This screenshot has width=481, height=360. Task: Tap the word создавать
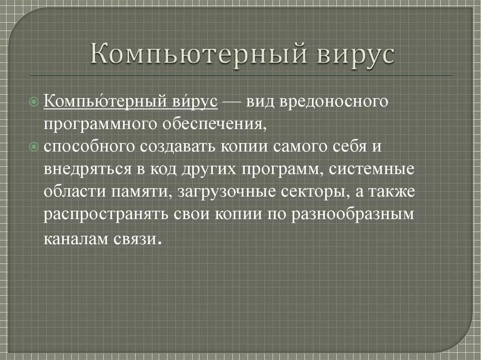178,146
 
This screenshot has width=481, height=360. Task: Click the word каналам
77,237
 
